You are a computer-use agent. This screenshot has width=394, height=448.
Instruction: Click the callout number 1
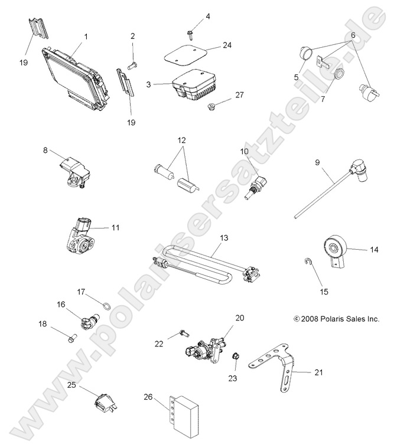86,37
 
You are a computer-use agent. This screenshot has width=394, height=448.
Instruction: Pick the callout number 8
45,151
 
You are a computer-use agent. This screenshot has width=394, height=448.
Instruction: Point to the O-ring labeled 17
105,305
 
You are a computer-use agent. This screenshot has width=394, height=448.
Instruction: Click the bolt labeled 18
72,338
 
